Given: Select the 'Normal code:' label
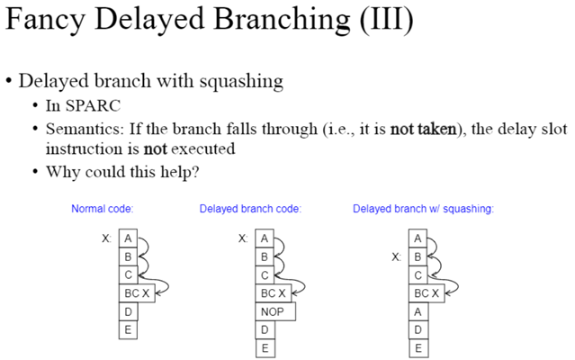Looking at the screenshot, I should (x=103, y=210).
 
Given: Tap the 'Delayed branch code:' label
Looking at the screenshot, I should (x=250, y=210).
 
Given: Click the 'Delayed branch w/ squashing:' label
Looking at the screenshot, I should (x=423, y=210).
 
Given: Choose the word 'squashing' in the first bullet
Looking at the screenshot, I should (x=239, y=81).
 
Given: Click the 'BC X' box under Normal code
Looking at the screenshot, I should (x=138, y=293).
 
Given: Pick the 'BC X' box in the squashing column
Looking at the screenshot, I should (x=426, y=293).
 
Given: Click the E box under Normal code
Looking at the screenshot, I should (x=128, y=329).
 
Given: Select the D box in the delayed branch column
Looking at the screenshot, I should (x=265, y=329).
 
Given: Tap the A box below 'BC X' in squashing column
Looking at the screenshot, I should (x=417, y=311).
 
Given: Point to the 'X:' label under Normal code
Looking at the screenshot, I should (x=108, y=238).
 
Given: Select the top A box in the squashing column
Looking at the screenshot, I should (x=417, y=238).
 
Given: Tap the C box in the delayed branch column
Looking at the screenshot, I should (x=265, y=274).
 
